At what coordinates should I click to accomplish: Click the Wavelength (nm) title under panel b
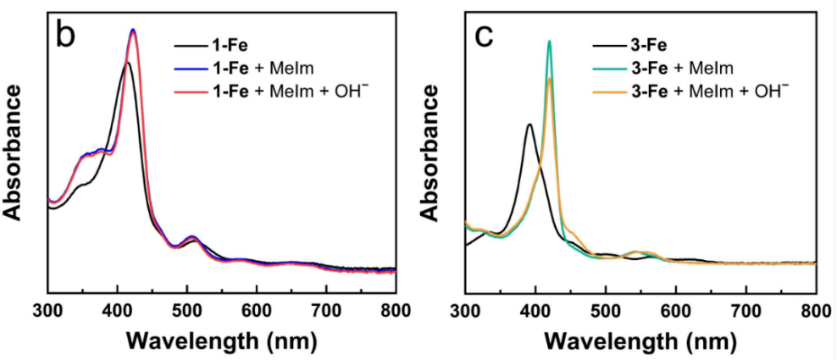(221, 341)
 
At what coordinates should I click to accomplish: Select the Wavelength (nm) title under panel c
(640, 341)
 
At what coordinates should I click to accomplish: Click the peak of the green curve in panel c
(549, 41)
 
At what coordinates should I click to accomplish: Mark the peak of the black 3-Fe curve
(529, 125)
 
